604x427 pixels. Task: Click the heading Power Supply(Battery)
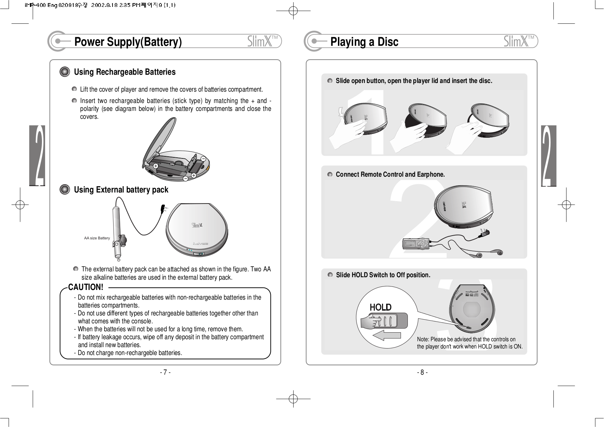(128, 42)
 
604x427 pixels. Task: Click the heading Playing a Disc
(364, 42)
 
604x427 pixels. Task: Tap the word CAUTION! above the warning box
(86, 287)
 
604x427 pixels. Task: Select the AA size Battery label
(97, 238)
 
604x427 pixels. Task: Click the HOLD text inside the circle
(380, 307)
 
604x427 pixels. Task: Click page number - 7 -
(165, 372)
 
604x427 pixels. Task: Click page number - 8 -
(422, 372)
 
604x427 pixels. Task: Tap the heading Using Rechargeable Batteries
(125, 72)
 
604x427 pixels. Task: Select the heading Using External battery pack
(121, 190)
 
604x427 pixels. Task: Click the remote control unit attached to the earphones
(416, 244)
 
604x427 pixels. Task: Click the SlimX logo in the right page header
(520, 41)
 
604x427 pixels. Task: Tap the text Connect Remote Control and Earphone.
(390, 175)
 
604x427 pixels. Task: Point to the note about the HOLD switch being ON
(469, 343)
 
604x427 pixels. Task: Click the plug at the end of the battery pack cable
(163, 208)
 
